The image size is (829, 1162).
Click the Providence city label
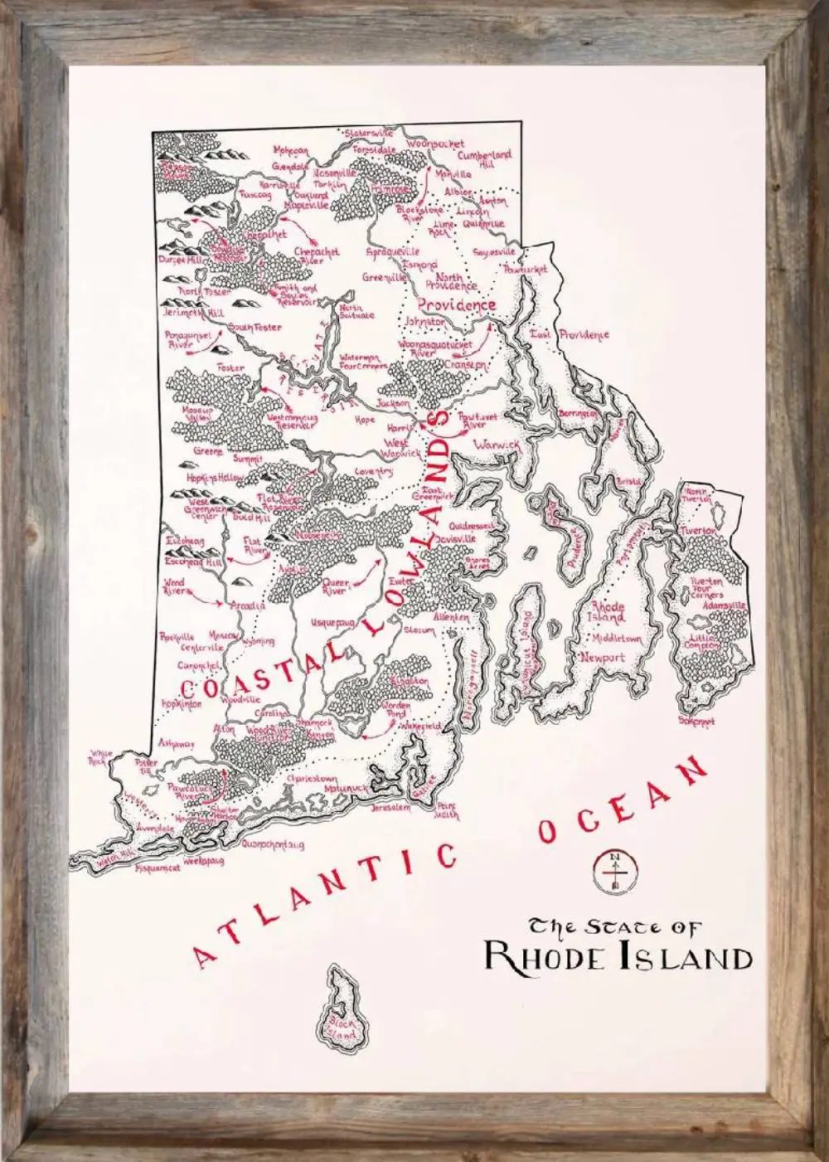point(457,304)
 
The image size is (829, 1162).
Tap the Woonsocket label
point(435,143)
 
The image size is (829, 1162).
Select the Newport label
point(603,657)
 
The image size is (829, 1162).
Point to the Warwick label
point(496,445)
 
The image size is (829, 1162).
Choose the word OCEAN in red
point(623,801)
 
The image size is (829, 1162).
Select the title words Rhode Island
point(618,957)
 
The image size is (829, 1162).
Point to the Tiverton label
point(698,531)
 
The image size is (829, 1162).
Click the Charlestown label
point(312,780)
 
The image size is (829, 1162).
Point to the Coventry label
point(373,472)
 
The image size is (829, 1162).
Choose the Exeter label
point(401,582)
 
